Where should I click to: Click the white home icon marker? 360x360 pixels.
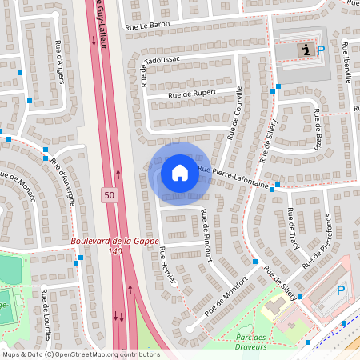[x=179, y=173]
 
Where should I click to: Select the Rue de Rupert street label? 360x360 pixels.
[x=193, y=93]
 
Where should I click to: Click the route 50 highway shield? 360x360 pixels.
[x=108, y=194]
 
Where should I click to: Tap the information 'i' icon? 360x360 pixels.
[x=305, y=50]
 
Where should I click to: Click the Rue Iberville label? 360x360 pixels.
[x=346, y=58]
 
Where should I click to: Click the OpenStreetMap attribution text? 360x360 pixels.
[x=81, y=354]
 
